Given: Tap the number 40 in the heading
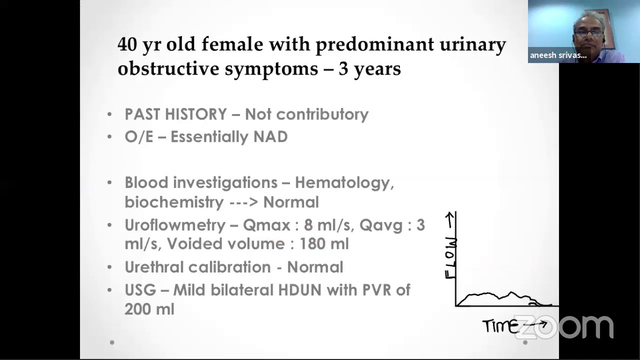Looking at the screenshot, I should click(127, 44).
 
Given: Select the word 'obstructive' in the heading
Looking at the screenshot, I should click(168, 68).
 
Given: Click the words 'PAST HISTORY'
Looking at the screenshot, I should click(175, 114).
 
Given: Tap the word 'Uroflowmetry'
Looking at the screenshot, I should click(175, 225).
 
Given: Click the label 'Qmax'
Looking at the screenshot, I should click(265, 225).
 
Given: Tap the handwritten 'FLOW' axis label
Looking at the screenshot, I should click(450, 257).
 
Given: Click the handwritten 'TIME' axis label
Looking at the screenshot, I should click(500, 326).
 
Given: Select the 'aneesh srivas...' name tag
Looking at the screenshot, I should click(558, 55).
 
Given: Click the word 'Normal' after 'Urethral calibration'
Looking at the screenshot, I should click(315, 267).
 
